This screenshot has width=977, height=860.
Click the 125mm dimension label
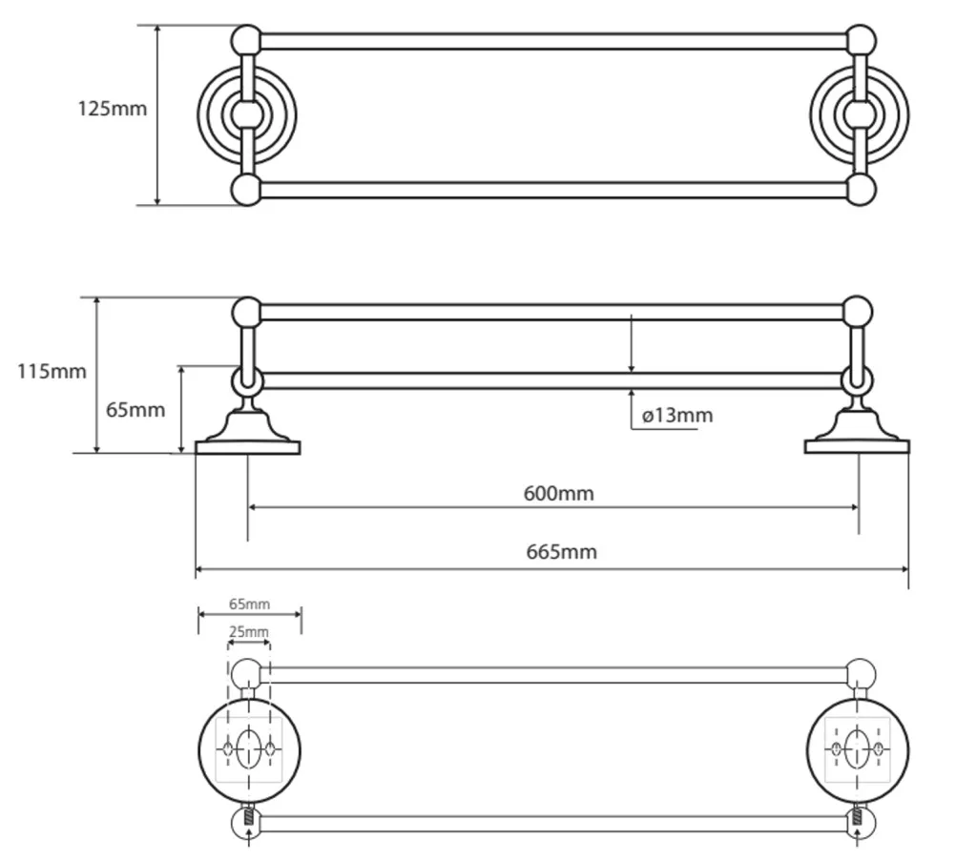(x=113, y=109)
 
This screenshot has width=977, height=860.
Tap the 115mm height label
(x=52, y=371)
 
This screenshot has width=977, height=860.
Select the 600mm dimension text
(x=559, y=493)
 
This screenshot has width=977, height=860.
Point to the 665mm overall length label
(x=561, y=552)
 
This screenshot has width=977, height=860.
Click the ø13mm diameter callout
(x=677, y=416)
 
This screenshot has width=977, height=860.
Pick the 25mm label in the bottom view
(x=249, y=632)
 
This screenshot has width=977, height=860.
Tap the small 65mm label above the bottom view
(x=249, y=604)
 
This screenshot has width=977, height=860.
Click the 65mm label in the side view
(x=135, y=410)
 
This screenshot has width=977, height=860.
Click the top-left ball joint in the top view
(x=247, y=40)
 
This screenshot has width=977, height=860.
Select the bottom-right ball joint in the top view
(x=860, y=190)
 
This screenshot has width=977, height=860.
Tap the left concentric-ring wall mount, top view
(x=247, y=115)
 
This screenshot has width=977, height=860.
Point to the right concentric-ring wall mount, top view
(x=860, y=115)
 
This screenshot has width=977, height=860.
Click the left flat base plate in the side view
(x=248, y=448)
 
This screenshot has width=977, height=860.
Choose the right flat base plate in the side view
(x=858, y=446)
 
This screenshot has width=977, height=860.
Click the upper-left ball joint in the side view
(x=247, y=312)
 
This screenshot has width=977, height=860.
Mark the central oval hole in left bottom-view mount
(x=249, y=747)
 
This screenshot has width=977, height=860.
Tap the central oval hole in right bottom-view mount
(x=858, y=747)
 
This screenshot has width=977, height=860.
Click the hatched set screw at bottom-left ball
(x=249, y=816)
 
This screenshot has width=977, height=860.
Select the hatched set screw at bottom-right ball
(x=858, y=816)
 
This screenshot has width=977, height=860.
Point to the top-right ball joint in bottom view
(x=861, y=674)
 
